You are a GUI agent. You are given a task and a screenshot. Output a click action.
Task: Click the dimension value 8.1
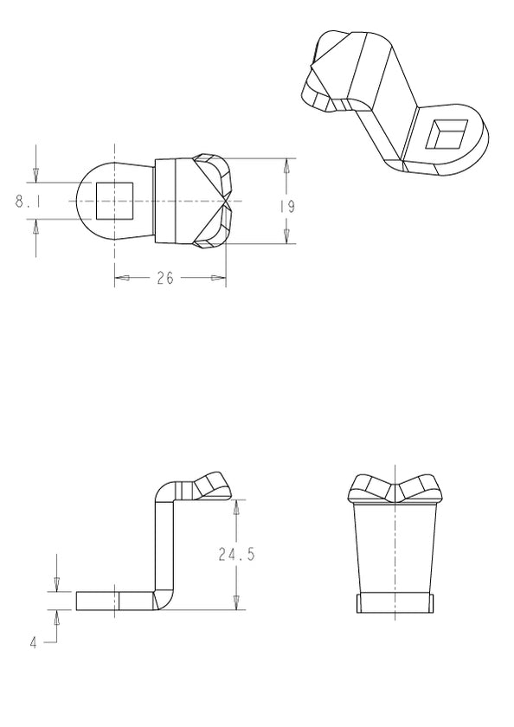[22, 202]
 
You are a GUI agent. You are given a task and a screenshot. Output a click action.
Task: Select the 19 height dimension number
[287, 207]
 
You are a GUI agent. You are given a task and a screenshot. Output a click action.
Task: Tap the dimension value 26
[164, 278]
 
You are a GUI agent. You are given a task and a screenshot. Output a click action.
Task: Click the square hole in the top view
[114, 201]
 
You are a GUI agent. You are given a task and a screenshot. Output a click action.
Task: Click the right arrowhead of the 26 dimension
[218, 278]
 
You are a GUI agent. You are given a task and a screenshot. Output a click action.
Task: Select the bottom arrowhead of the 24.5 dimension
[236, 602]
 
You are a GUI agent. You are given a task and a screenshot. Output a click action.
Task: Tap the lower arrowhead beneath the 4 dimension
[56, 616]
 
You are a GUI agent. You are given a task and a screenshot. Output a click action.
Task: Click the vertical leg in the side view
[164, 545]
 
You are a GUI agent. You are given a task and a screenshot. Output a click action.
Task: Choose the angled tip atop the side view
[213, 486]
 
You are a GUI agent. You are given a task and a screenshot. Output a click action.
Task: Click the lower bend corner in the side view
[163, 599]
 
